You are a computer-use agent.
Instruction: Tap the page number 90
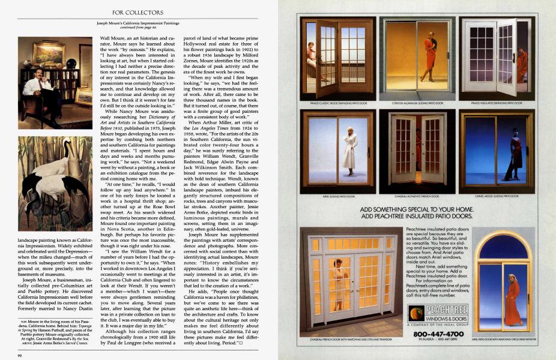click(20, 353)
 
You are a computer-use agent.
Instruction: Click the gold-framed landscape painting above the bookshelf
click(49, 53)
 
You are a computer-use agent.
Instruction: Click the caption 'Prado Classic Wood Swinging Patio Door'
click(339, 103)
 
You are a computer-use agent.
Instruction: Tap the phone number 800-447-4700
click(439, 333)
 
